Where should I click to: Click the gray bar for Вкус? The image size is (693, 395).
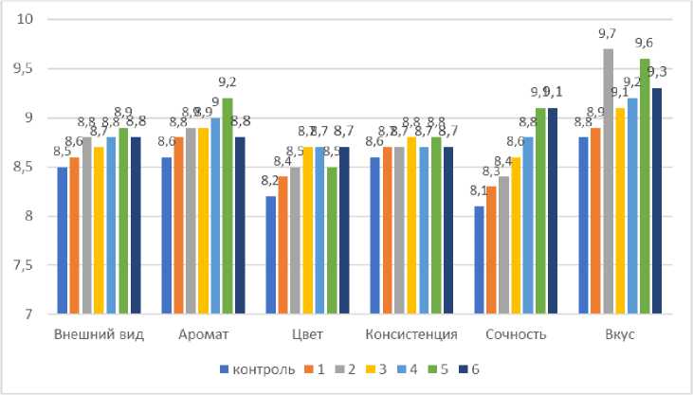(608, 181)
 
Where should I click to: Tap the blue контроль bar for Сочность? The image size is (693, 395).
(479, 260)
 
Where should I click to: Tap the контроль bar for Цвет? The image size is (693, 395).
(271, 255)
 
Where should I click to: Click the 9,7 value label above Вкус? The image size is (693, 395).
(607, 34)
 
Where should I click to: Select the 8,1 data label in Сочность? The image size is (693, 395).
(478, 192)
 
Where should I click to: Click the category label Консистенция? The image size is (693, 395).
(411, 334)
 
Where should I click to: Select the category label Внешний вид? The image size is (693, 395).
(100, 334)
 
